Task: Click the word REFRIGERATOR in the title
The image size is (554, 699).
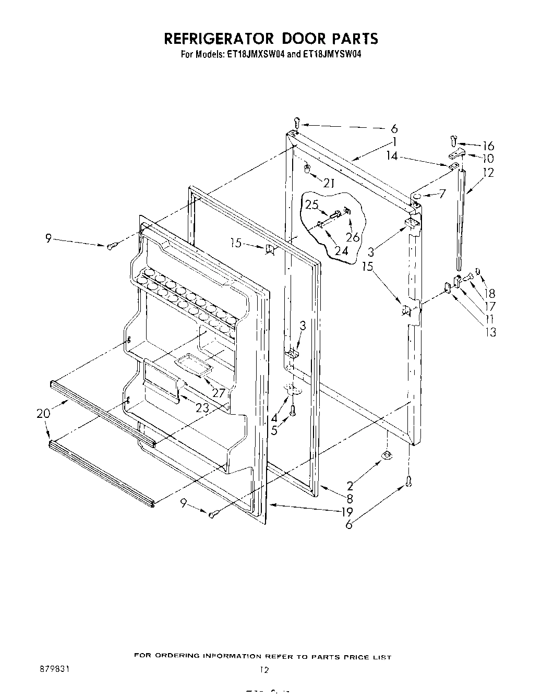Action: click(219, 39)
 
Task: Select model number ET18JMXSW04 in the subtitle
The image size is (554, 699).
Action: click(255, 54)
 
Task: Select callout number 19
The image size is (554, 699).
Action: click(347, 512)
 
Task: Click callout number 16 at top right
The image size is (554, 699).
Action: click(488, 146)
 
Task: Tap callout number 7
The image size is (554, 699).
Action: click(442, 194)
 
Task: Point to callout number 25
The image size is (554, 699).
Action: click(312, 204)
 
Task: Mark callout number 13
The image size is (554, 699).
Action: click(490, 332)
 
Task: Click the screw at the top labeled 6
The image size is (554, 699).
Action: click(297, 123)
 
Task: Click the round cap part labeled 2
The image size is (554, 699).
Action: click(387, 455)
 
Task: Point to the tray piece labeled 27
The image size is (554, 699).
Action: click(191, 362)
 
